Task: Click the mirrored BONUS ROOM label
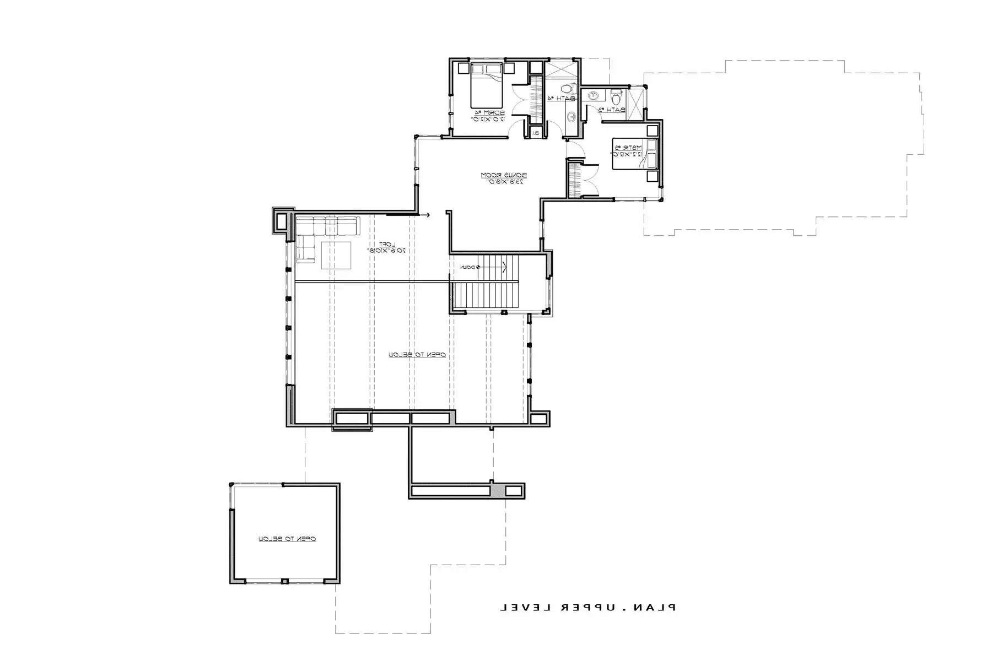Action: (504, 175)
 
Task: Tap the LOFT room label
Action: (386, 244)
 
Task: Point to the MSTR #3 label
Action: (627, 148)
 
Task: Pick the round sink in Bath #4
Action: (572, 116)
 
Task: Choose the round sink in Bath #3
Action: (593, 96)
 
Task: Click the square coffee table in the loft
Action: (336, 256)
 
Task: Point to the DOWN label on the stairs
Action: (468, 267)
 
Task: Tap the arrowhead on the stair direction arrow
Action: (505, 267)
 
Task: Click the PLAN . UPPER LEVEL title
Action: (587, 608)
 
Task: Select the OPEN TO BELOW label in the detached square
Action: (287, 539)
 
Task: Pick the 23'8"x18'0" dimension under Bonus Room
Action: (504, 182)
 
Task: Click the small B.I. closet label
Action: (535, 133)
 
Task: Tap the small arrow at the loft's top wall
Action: (426, 215)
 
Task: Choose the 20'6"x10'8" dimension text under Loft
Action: (386, 251)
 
